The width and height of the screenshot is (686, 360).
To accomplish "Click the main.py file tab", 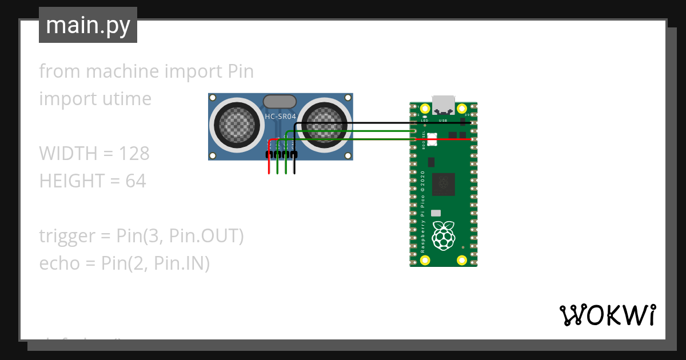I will click(x=87, y=25).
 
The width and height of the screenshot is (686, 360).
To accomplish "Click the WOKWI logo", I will click(x=607, y=315).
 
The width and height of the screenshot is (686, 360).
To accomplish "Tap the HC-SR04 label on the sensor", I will click(x=280, y=117).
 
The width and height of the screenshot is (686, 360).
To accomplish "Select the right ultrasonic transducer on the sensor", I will click(x=324, y=122).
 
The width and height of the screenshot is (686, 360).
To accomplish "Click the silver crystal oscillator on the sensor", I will click(x=280, y=102).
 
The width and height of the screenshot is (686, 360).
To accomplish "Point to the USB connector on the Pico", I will click(x=444, y=105).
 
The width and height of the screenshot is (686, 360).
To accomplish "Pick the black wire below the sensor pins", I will click(x=294, y=166).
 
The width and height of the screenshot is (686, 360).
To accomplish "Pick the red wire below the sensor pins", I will click(x=269, y=166).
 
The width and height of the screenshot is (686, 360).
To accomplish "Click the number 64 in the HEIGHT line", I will click(x=135, y=181).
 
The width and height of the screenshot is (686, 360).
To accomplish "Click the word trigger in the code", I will click(x=67, y=236).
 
